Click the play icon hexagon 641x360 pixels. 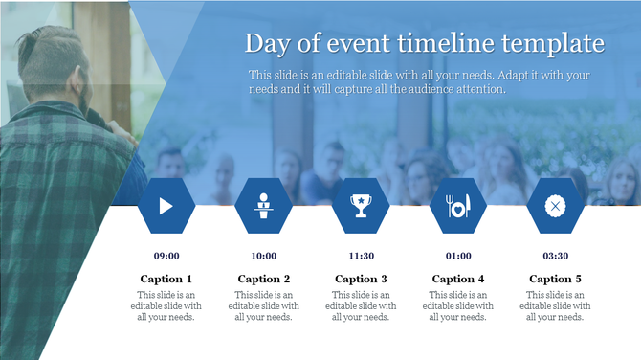pos(166,205)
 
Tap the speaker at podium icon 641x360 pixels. pos(264,205)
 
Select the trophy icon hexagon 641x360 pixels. pos(362,205)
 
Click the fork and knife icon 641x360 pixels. pos(458,205)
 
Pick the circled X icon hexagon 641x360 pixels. pos(556,205)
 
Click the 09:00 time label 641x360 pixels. pos(166,256)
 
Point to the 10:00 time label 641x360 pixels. pos(264,256)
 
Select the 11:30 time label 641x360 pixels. pos(362,256)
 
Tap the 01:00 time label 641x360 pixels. pos(458,256)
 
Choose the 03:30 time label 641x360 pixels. pos(556,256)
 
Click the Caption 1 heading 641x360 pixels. pos(166,279)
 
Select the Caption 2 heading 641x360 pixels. pos(264,279)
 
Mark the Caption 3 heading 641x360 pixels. pos(362,279)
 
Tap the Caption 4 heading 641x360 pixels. pos(458,279)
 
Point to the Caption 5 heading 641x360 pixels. pos(556,279)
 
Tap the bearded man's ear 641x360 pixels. pos(75,72)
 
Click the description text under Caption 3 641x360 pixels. pos(362,305)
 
